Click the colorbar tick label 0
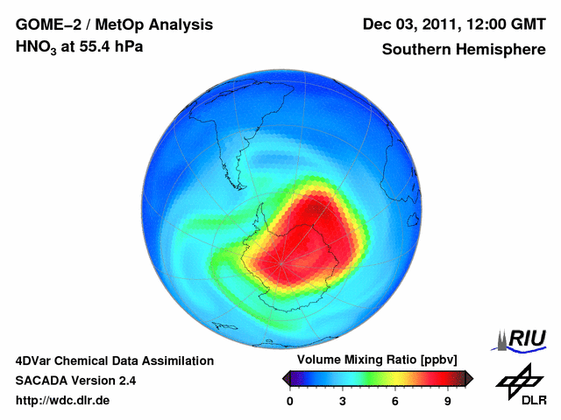[290, 402]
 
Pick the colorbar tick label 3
[343, 402]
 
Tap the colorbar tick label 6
[395, 402]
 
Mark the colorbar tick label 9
[448, 402]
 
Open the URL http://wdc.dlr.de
[63, 401]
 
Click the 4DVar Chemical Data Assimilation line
[114, 360]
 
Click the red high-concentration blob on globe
[316, 227]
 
